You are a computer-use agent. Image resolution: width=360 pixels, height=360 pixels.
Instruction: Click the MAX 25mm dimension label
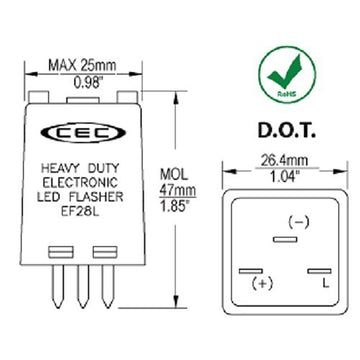(x=81, y=67)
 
